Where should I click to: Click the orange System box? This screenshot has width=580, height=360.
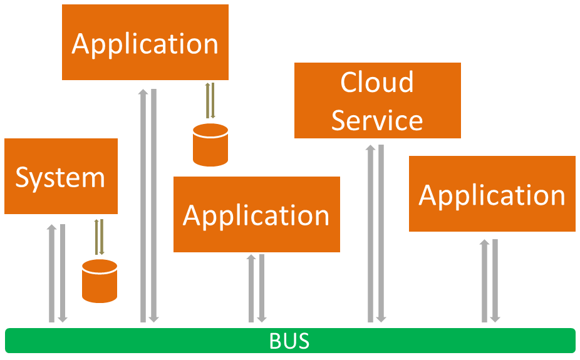coord(61,177)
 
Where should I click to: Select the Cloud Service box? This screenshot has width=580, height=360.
coord(377,100)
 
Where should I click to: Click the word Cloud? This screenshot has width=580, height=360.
coord(377,82)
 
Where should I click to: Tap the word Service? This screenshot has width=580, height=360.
coord(377,120)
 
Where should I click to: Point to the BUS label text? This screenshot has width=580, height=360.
coord(289,341)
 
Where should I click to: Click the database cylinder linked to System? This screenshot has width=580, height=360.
coord(100,280)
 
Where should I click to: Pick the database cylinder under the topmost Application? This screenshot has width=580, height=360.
coord(210,145)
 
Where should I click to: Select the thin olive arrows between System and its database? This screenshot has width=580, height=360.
coord(99,237)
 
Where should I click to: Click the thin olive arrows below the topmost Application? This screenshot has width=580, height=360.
coord(210,100)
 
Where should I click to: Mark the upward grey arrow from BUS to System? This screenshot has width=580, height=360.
coord(52,272)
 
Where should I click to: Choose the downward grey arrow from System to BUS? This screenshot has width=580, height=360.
coord(63,272)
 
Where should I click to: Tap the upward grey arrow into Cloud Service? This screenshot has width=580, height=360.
coord(370,233)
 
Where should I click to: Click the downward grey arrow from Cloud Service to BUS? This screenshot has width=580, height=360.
coord(381,233)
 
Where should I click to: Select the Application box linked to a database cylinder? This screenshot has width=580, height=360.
coord(145,43)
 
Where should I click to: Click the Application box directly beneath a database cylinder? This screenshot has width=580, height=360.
coord(257,214)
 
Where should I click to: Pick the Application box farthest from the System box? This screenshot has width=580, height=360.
coord(492,194)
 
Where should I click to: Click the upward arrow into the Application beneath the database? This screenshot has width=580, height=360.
coord(251,288)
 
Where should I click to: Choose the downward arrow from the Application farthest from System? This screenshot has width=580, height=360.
coord(495,280)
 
